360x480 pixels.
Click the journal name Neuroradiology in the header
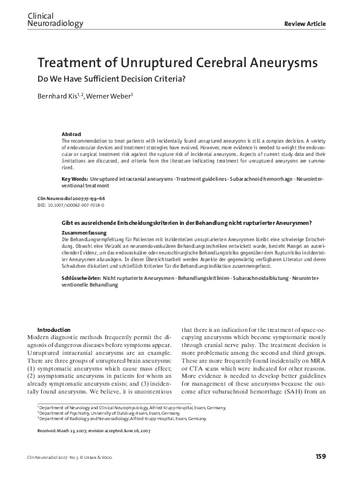point(55,24)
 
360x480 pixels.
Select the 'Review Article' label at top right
point(305,24)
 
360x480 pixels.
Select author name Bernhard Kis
point(56,97)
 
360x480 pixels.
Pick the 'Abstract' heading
point(72,134)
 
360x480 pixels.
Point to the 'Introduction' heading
point(54,329)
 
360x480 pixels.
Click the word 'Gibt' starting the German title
point(67,223)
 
